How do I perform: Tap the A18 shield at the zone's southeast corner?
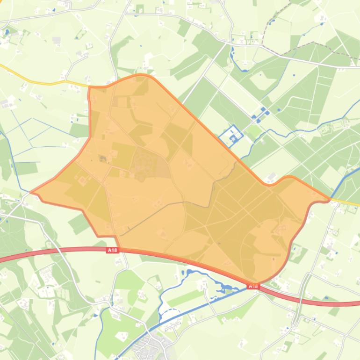(x=253, y=286)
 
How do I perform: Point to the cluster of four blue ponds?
(x=260, y=113)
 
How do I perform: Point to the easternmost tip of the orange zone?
(x=330, y=200)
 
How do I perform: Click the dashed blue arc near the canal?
(x=171, y=311)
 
